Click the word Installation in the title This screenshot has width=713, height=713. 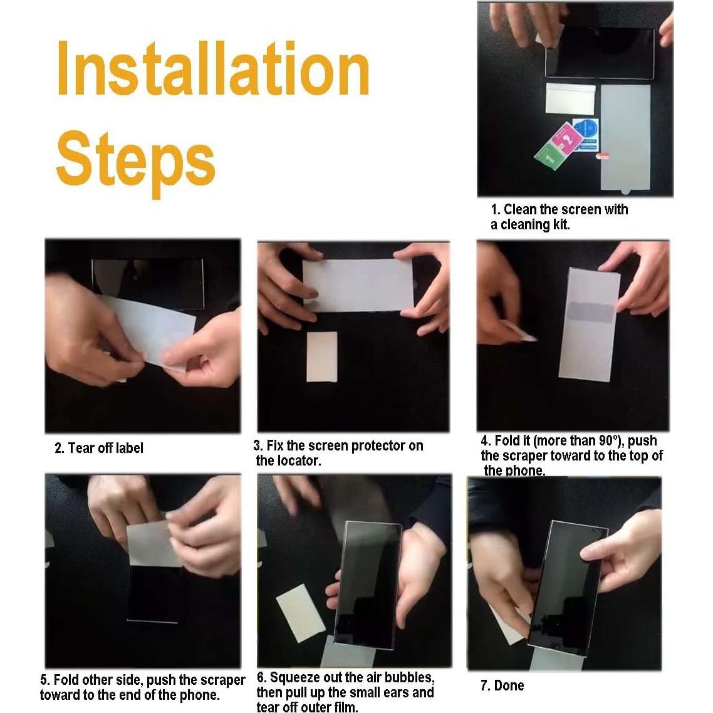(213, 68)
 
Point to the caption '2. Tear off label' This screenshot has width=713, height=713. (98, 448)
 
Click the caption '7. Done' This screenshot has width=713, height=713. (502, 685)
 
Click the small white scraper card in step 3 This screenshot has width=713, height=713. (322, 357)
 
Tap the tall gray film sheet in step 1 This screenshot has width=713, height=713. (626, 137)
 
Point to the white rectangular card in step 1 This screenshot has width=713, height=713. (571, 98)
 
